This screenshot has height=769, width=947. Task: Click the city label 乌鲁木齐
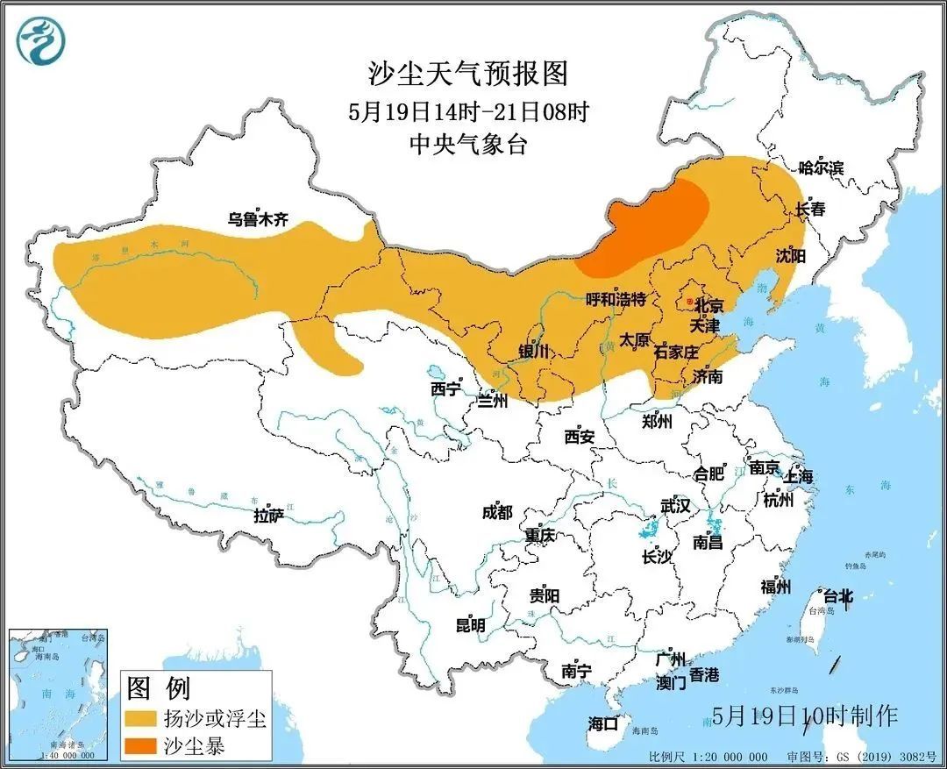(258, 220)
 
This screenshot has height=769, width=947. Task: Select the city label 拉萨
(268, 516)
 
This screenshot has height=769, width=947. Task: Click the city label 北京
(708, 306)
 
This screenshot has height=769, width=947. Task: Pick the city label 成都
(496, 512)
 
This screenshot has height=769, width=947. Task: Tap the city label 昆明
(470, 625)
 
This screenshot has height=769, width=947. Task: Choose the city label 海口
(603, 723)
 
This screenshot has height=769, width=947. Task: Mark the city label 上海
(799, 476)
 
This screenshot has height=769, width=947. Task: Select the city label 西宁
(445, 388)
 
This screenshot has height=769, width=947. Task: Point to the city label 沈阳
(790, 255)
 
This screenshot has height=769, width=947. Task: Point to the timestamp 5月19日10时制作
(805, 716)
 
